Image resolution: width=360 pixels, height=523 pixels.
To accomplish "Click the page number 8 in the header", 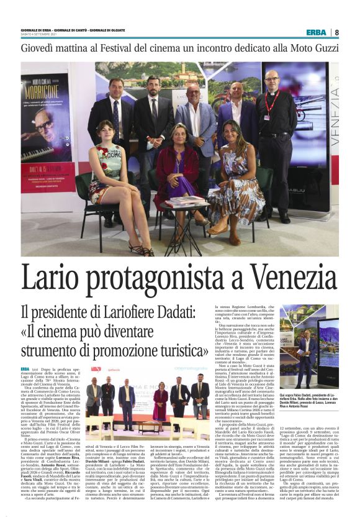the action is (x=336, y=32).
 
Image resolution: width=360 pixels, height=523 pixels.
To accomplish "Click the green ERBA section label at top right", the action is (x=316, y=32).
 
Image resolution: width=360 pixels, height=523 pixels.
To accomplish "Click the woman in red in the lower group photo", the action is (x=160, y=400).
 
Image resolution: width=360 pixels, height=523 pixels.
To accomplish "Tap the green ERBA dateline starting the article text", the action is (x=27, y=369).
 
